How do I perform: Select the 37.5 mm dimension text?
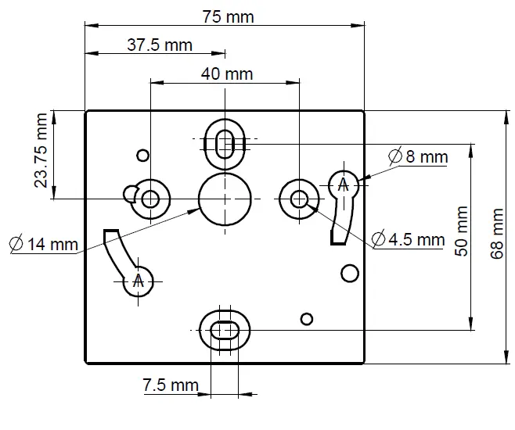[x=159, y=45]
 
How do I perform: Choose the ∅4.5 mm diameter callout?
[x=408, y=239]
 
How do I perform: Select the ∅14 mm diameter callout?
[x=44, y=244]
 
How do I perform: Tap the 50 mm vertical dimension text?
[x=462, y=231]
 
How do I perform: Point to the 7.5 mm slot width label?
[x=170, y=385]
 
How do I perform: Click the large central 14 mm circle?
[x=225, y=199]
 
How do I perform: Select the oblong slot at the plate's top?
[x=225, y=143]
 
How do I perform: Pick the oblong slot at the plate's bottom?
[x=225, y=331]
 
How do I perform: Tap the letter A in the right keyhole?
[x=342, y=185]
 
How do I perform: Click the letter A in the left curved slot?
[x=139, y=281]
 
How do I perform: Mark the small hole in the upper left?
[x=142, y=154]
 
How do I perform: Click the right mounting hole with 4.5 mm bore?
[x=299, y=199]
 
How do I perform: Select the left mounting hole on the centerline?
[x=150, y=199]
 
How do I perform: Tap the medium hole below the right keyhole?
[x=349, y=272]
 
